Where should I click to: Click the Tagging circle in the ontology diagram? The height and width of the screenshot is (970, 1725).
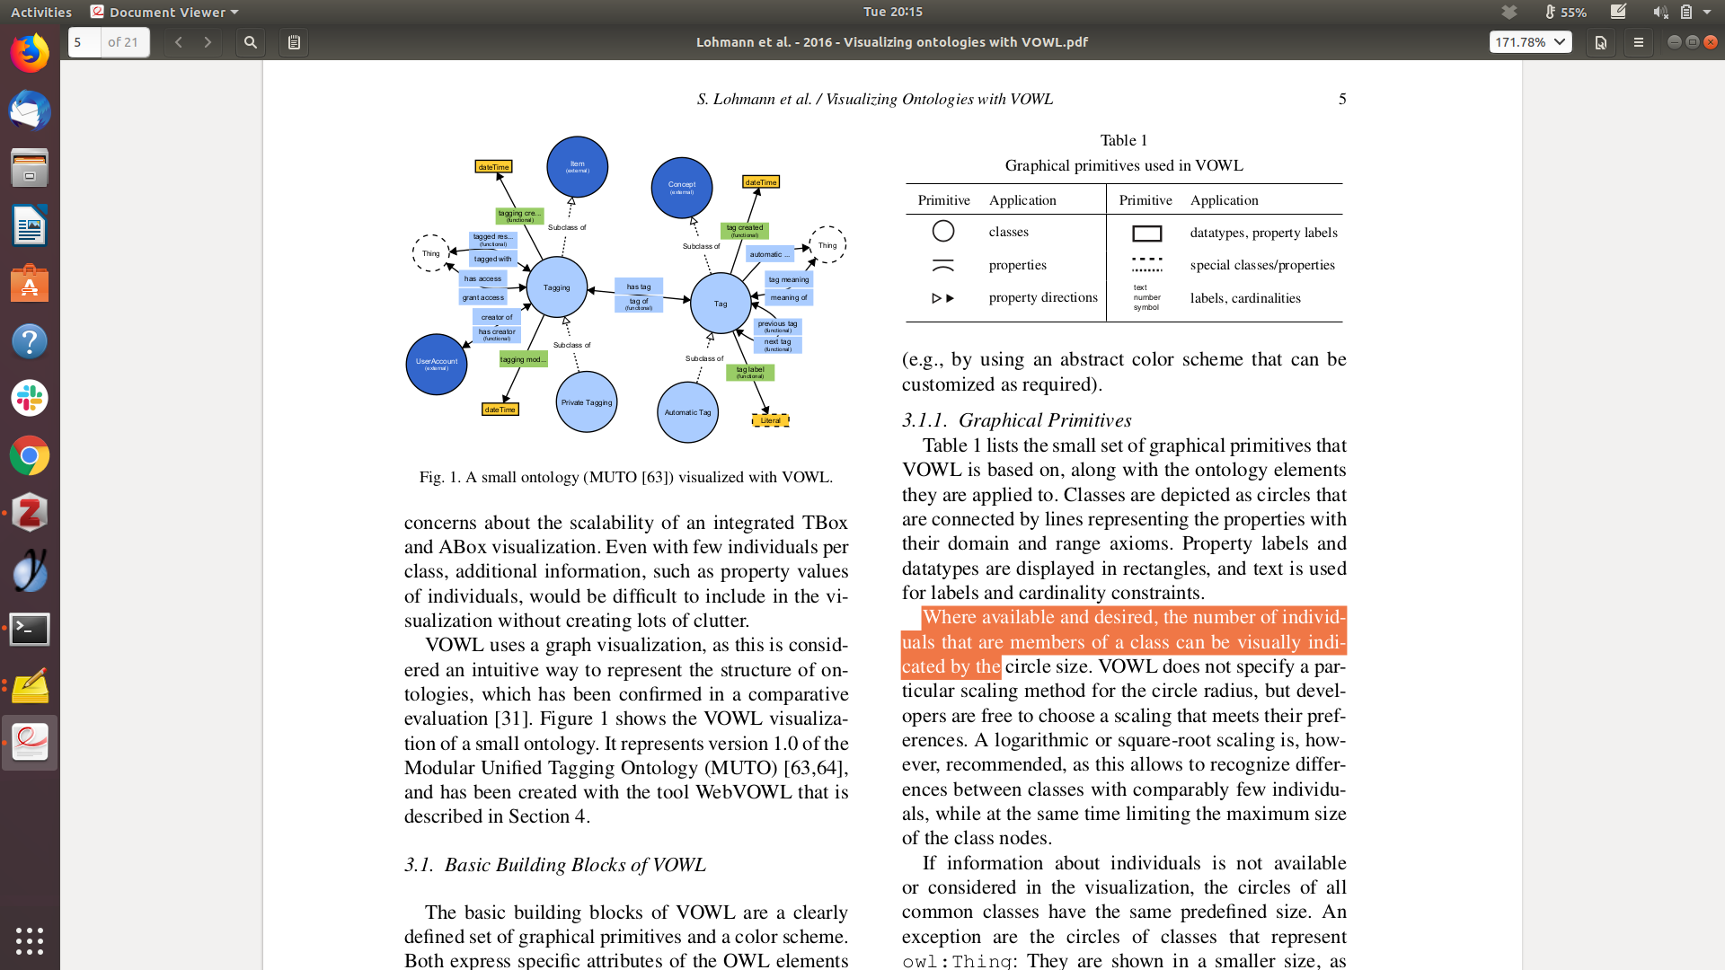coord(557,287)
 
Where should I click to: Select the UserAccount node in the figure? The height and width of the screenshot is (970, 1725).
coord(437,364)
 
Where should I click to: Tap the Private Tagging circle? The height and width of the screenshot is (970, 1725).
coord(587,402)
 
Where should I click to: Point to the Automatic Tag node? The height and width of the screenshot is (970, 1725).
coord(687,412)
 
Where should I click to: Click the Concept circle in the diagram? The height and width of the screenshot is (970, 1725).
coord(682,188)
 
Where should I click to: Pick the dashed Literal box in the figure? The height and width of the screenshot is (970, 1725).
coord(770,420)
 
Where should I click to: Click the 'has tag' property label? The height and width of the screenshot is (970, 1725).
coord(639,287)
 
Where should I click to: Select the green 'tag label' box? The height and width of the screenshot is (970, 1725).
coord(750,372)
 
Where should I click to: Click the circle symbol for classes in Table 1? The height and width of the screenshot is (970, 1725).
coord(943,232)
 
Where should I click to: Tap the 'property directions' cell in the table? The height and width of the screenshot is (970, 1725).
coord(1043,297)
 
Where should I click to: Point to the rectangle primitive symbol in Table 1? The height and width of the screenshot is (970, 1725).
coord(1147,234)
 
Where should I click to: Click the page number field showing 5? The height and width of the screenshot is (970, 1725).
coord(84,42)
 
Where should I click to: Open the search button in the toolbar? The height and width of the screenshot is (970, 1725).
coord(251,42)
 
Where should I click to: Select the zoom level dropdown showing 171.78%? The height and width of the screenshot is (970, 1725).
coord(1530,42)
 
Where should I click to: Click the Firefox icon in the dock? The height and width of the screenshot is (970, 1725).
coord(30,54)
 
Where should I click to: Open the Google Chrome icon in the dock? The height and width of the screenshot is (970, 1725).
coord(30,456)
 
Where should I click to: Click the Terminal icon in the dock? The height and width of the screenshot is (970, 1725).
coord(30,629)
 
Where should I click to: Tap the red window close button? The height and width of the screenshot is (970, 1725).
coord(1711,42)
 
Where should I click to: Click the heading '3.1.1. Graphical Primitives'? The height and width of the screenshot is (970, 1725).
coord(1016,420)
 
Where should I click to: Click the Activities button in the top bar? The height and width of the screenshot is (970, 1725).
coord(41,12)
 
